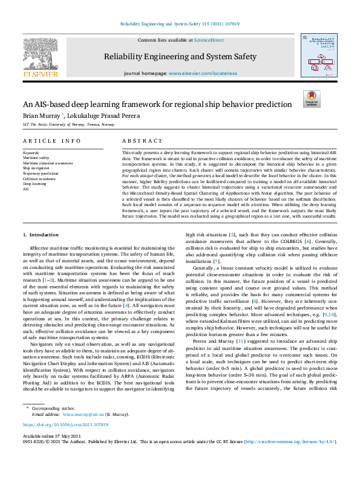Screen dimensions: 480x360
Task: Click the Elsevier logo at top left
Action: coord(40,58)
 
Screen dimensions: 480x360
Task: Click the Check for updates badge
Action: coord(312,99)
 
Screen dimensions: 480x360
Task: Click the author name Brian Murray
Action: coord(41,115)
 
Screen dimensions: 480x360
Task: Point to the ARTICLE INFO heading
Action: coord(51,140)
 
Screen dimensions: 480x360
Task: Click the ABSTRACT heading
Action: coord(142,140)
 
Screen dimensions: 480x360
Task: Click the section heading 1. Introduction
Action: coord(41,217)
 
